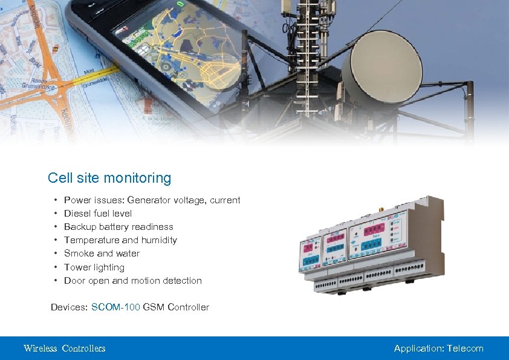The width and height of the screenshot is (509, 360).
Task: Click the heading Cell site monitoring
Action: point(109,178)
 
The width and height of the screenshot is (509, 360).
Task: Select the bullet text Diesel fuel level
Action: point(98,214)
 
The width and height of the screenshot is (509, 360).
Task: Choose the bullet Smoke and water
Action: point(102,254)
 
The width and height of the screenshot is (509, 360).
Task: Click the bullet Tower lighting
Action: point(94,267)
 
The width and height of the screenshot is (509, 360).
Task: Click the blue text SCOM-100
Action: point(115,307)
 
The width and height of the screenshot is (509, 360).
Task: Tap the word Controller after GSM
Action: point(188,307)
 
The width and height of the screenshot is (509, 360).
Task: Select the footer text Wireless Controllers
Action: point(64,349)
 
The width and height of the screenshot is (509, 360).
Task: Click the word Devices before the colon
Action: point(68,307)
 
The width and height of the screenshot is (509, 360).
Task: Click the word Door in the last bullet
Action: point(74,281)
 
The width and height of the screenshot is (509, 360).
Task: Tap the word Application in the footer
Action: point(418,349)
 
